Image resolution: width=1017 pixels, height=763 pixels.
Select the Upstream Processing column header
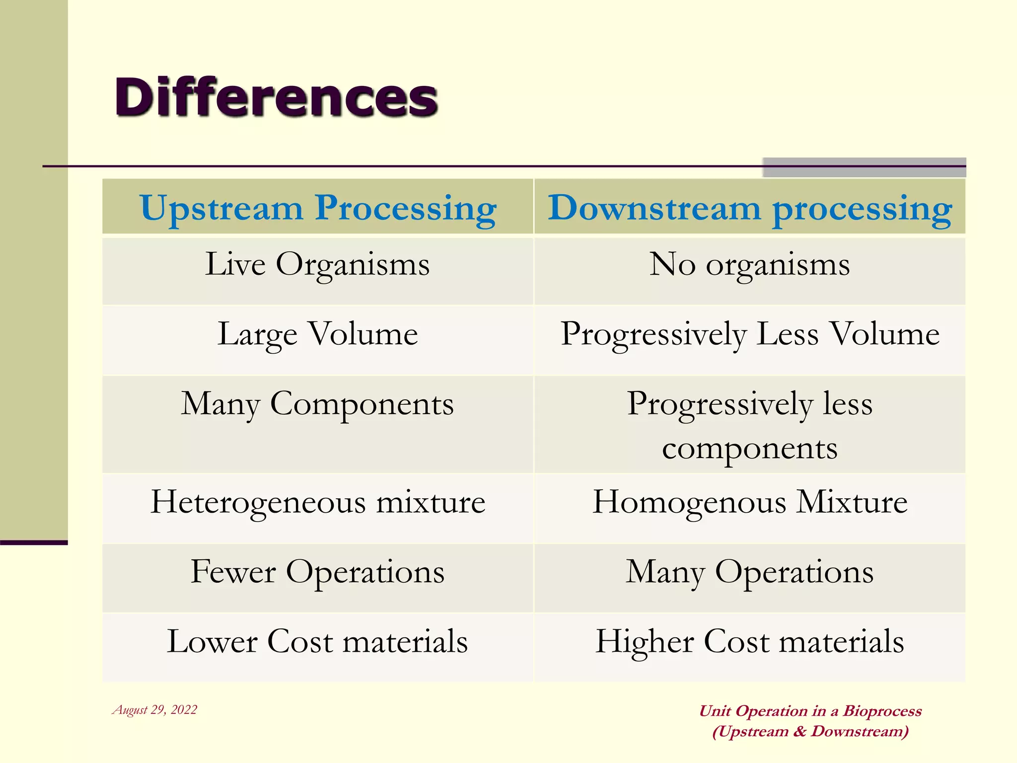click(x=318, y=208)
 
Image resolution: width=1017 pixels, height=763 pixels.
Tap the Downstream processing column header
click(x=750, y=208)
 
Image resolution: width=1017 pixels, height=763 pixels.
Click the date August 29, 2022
click(x=155, y=710)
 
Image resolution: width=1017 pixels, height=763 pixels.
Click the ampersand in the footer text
click(x=799, y=731)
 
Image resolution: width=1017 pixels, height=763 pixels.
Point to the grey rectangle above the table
click(x=864, y=167)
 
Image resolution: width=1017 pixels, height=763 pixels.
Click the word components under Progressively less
click(x=750, y=449)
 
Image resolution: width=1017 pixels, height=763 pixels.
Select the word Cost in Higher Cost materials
click(x=736, y=641)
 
